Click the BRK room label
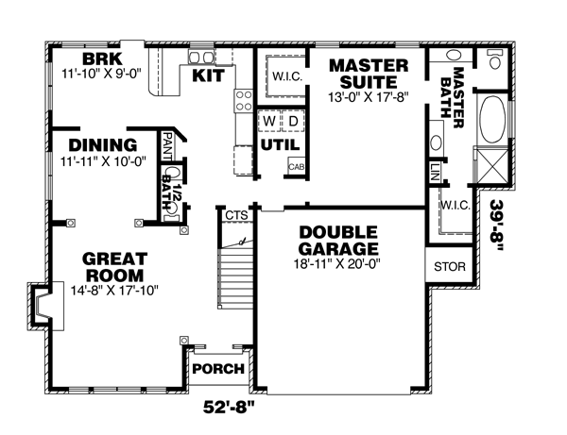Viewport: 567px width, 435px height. point(102,59)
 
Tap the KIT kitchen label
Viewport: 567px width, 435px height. point(208,75)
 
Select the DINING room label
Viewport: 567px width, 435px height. point(103,145)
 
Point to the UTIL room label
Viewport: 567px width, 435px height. point(281,144)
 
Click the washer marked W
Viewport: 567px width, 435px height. point(269,121)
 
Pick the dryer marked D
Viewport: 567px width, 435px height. point(293,121)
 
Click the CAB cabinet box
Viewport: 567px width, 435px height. point(297,167)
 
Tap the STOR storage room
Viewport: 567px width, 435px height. point(450,266)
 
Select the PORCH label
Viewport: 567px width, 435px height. point(218,369)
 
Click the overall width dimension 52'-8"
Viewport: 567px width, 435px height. point(229,408)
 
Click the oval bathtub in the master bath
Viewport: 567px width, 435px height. point(491,120)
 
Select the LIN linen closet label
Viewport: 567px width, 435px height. point(435,172)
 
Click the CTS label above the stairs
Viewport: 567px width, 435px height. point(236,215)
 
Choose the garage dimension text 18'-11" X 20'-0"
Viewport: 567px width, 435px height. point(337,264)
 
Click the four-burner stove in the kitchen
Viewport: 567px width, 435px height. point(244,101)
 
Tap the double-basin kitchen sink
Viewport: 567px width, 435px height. point(201,57)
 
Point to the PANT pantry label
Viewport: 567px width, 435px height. point(167,146)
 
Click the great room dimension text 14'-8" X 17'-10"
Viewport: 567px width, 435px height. point(114,291)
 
